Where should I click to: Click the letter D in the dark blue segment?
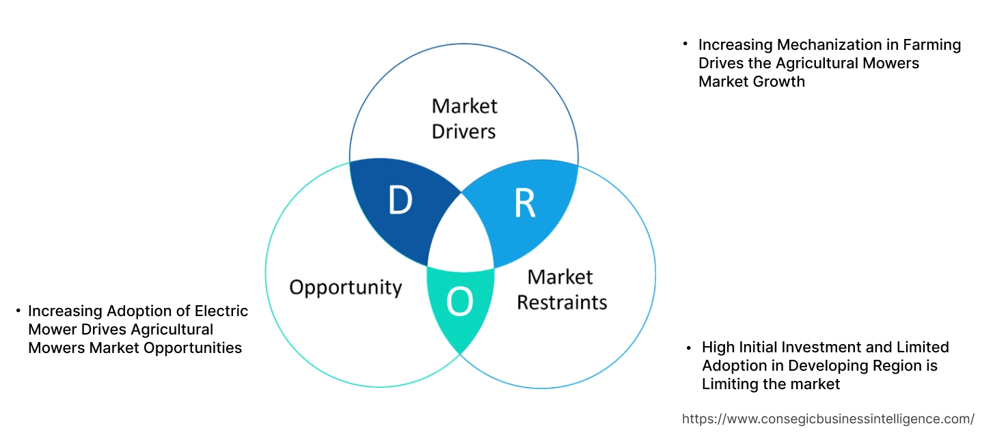400,201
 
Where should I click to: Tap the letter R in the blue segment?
524,203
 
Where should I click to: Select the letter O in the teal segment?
459,302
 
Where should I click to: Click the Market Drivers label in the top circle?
464,118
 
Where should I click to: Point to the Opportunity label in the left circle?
345,287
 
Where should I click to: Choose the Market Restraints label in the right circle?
561,289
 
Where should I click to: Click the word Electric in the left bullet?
220,311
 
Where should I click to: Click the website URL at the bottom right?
828,419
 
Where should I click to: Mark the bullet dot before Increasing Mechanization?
685,44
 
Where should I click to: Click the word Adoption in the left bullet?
139,311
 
